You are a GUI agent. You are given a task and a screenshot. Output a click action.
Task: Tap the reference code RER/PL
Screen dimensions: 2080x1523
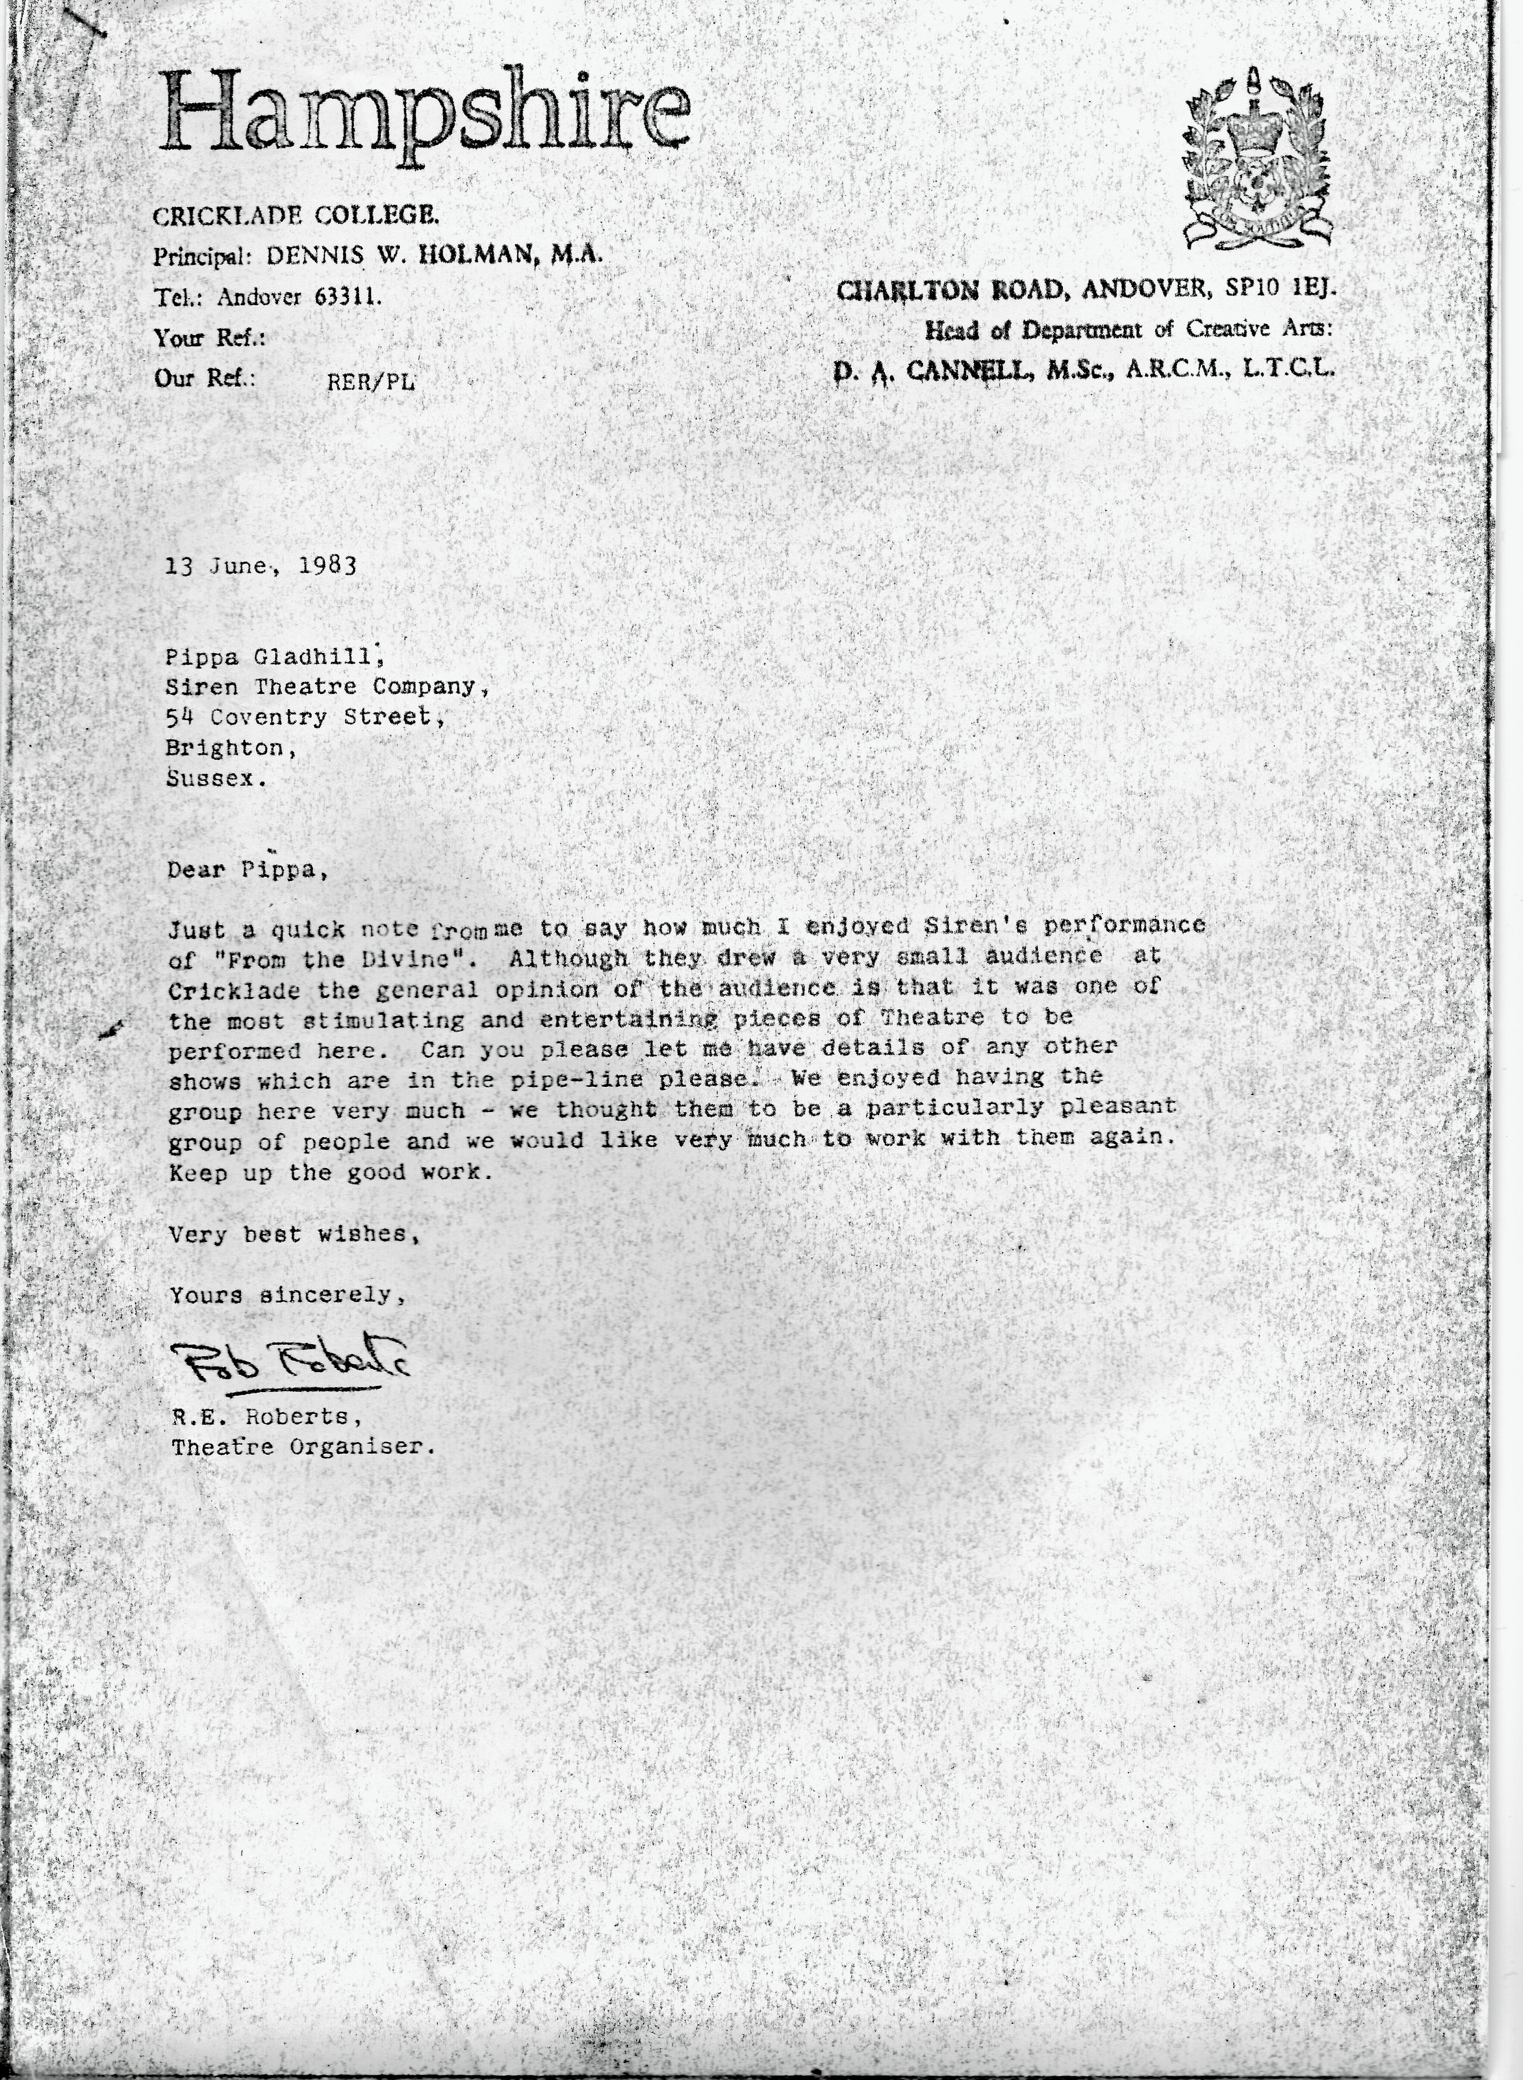click(x=370, y=382)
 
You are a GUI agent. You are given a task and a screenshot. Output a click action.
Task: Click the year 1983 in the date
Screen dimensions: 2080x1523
click(x=328, y=565)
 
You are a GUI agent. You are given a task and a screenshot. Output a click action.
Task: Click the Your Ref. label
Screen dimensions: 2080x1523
click(x=209, y=338)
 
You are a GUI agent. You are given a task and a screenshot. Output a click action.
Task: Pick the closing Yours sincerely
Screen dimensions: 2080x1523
click(x=286, y=1295)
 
